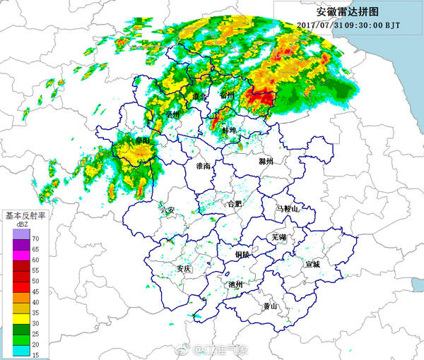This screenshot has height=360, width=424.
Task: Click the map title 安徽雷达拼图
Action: tap(348, 11)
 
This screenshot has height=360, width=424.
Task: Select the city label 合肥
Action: tap(232, 204)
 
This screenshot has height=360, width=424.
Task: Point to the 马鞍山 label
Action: tap(288, 209)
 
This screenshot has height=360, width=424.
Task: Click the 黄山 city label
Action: tap(270, 306)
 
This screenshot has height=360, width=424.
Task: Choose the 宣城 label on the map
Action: tap(312, 264)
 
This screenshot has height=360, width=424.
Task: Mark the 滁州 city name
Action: tap(266, 162)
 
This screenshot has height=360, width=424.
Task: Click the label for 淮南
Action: tap(203, 166)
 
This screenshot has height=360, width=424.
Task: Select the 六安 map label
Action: tap(167, 210)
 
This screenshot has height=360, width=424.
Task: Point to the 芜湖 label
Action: tap(279, 237)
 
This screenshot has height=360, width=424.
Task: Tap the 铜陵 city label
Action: tap(243, 254)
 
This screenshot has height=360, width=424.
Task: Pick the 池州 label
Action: tap(236, 284)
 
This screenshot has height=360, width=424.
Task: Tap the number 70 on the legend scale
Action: tap(35, 240)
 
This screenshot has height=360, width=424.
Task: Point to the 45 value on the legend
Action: tap(35, 291)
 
